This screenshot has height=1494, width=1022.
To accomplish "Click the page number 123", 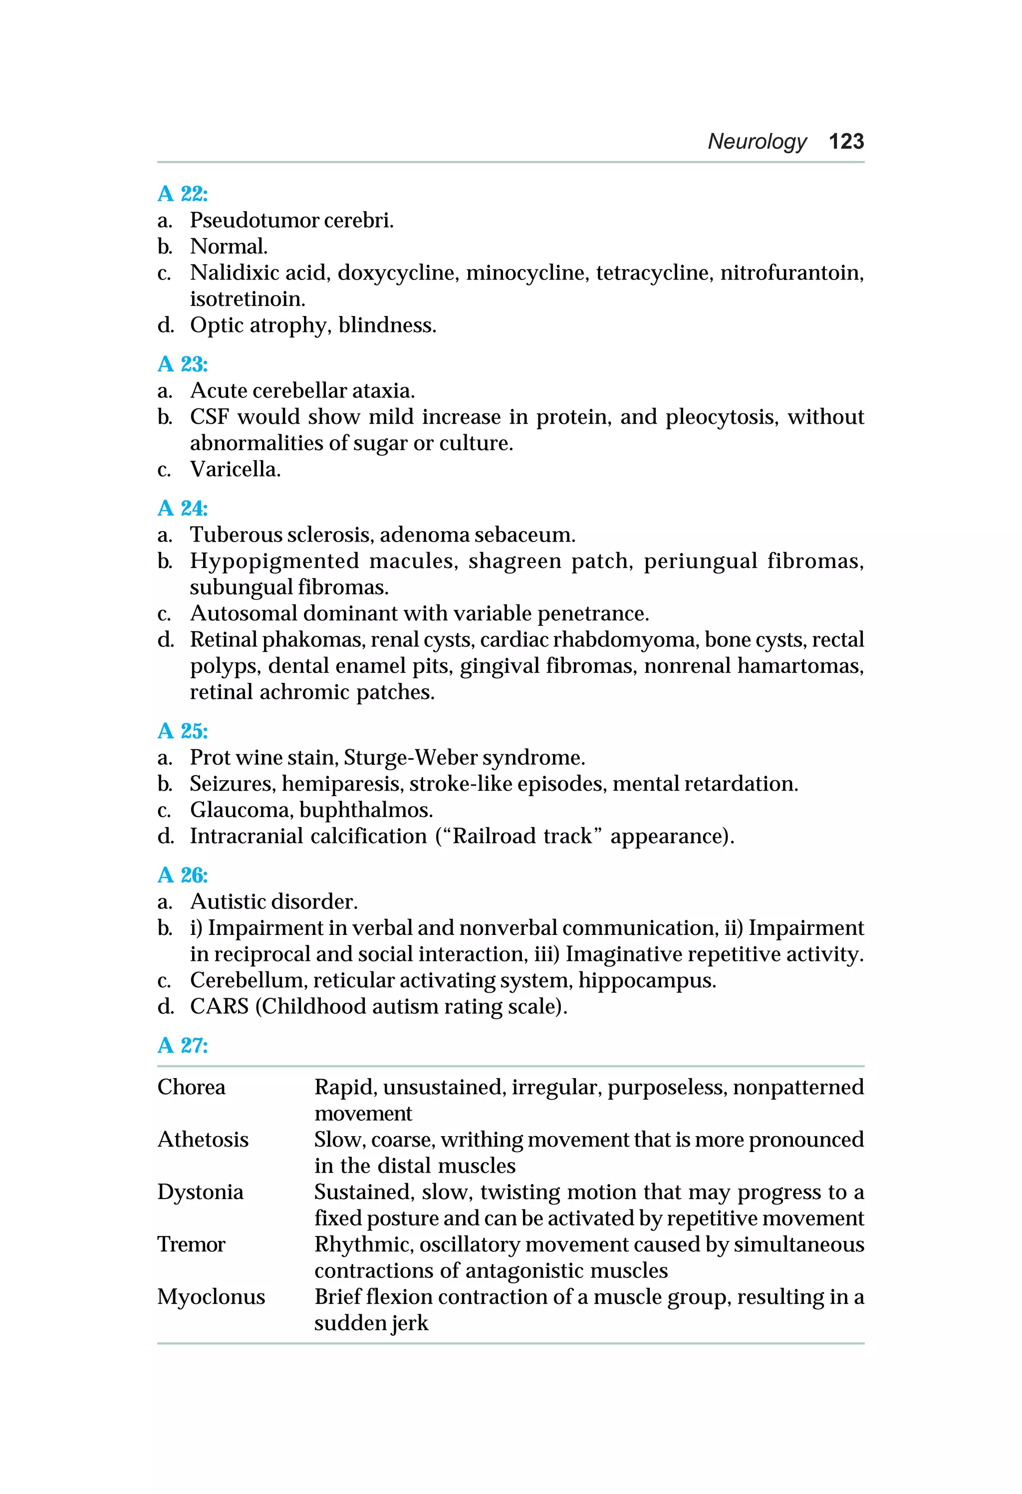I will [x=846, y=141].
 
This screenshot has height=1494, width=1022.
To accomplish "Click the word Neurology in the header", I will [x=757, y=141].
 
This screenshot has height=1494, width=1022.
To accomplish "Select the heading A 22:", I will [x=183, y=194].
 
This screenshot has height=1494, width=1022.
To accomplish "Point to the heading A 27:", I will [x=183, y=1045].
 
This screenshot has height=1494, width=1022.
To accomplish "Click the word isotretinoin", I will [x=247, y=299].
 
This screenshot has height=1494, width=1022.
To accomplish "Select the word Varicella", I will [x=235, y=469].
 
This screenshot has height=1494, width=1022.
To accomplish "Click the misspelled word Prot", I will [x=210, y=757].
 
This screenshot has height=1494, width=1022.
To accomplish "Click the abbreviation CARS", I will [x=219, y=1006].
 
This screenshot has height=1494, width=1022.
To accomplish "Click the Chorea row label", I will [x=192, y=1087].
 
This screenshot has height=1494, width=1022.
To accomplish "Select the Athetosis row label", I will [x=203, y=1140].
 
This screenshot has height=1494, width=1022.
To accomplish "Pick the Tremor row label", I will [x=192, y=1244].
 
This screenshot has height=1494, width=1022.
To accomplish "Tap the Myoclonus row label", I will [x=211, y=1297].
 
